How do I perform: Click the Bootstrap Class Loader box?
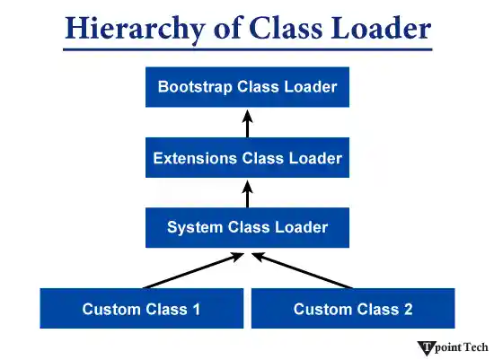[247, 87]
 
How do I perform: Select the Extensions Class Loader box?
[247, 158]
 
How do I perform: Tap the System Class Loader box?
[247, 227]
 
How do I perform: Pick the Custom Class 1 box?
[141, 309]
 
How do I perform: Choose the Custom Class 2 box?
[353, 309]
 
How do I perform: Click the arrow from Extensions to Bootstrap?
[247, 123]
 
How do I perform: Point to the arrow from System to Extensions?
[247, 192]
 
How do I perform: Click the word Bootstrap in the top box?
[192, 87]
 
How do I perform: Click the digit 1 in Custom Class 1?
[196, 309]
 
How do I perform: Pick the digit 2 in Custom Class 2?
[408, 309]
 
